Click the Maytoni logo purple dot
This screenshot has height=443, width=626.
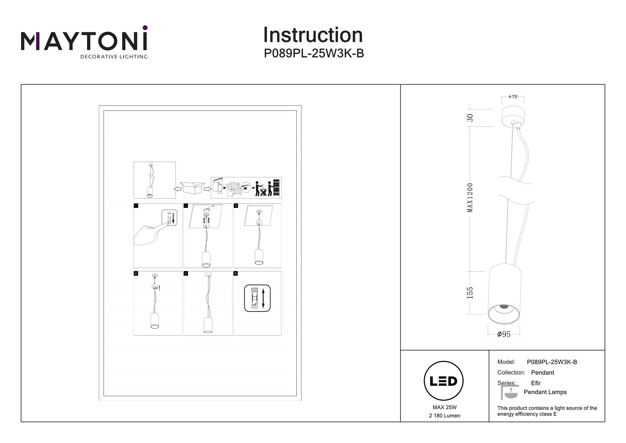145,28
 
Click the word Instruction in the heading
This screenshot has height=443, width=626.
313,35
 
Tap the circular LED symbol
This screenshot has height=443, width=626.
443,381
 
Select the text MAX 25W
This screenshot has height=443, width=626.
444,407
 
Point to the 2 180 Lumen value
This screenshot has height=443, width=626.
444,416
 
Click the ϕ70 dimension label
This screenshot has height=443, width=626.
512,97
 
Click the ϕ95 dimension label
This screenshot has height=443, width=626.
504,334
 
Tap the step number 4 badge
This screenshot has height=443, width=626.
136,273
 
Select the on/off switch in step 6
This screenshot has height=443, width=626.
257,298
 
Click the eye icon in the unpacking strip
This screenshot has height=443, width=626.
246,188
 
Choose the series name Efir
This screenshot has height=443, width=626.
536,383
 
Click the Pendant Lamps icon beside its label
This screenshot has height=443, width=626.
509,392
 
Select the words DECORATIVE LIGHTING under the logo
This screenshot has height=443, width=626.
114,57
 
